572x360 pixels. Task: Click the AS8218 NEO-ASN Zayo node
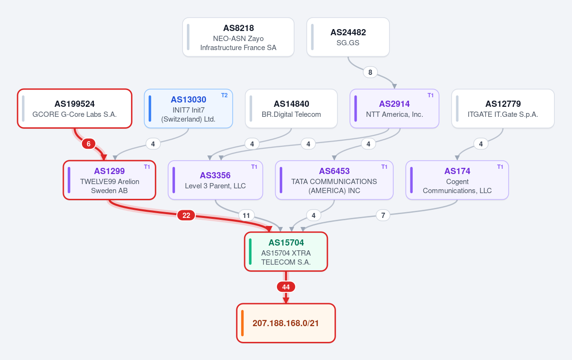[238, 37]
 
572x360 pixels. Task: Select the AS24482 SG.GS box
[348, 37]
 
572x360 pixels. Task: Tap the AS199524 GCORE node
[74, 109]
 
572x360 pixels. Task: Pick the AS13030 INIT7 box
[188, 109]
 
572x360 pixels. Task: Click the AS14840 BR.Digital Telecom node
[291, 109]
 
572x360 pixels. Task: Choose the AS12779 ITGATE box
[503, 109]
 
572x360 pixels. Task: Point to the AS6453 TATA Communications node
[334, 180]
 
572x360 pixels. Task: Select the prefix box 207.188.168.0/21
[286, 323]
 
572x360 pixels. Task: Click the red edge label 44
[286, 287]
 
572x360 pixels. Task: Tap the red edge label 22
[186, 216]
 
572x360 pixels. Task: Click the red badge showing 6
[89, 144]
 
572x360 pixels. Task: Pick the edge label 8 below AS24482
[370, 72]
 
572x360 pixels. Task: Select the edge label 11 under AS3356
[246, 216]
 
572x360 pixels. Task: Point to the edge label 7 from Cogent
[383, 216]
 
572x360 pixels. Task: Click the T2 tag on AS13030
[224, 95]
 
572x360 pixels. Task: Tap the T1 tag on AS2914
[430, 95]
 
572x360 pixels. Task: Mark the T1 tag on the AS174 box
[500, 167]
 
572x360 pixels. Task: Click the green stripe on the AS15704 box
[250, 252]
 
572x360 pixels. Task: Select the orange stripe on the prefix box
[242, 323]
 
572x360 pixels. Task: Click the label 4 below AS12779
[481, 144]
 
